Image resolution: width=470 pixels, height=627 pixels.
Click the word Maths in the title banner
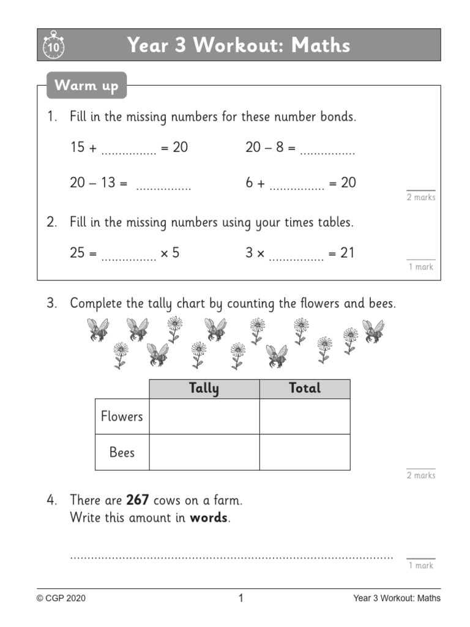(321, 45)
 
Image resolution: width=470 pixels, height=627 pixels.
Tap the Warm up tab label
(86, 85)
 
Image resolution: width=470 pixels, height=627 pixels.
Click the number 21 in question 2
(348, 253)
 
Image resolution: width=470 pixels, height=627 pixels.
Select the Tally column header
(204, 388)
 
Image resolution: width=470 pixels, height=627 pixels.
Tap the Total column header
(304, 388)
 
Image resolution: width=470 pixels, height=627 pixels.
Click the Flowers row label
(122, 416)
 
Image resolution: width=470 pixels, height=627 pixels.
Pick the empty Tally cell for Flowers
(204, 416)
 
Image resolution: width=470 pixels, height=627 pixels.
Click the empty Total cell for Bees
(304, 452)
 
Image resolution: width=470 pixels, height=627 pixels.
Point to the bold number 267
(138, 500)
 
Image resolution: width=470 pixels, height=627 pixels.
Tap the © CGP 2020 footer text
(61, 598)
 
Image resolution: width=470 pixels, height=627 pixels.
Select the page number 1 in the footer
(241, 598)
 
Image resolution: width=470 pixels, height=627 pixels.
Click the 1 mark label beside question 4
(420, 566)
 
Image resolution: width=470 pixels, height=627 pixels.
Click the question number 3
(52, 304)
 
